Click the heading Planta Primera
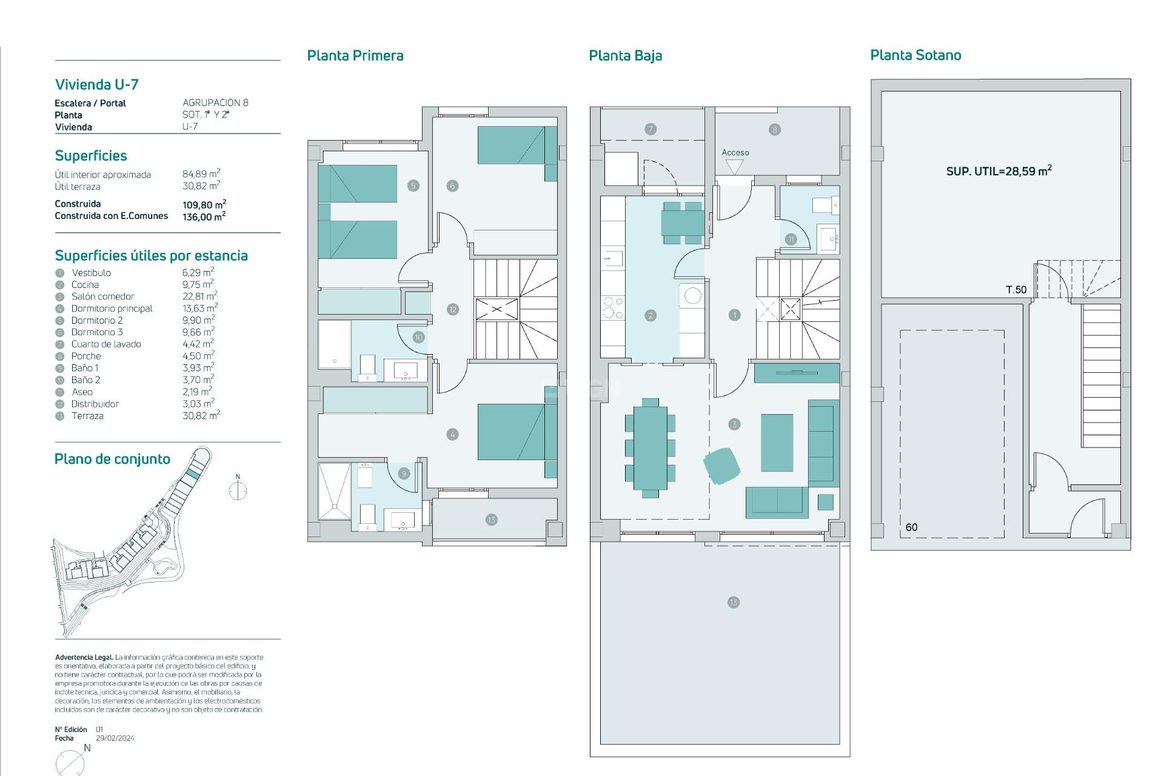(355, 56)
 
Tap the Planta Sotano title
(915, 55)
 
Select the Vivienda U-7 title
(97, 84)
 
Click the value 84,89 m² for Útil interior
(201, 174)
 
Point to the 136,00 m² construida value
(204, 216)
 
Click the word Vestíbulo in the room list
(91, 273)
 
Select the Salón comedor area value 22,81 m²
(199, 296)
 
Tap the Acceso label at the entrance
(735, 153)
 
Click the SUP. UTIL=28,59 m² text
(998, 171)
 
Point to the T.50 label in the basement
(1016, 290)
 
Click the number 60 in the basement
(911, 527)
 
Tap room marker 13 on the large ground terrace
(734, 603)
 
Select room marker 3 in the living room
(734, 424)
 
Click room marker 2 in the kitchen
(651, 315)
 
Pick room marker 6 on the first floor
(452, 186)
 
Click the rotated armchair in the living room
(721, 466)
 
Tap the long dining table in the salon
(650, 447)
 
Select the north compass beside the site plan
(238, 490)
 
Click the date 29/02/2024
(115, 738)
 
